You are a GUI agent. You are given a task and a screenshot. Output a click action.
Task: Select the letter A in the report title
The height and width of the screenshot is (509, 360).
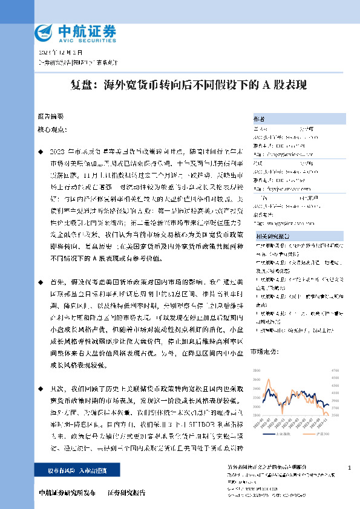click(x=265, y=86)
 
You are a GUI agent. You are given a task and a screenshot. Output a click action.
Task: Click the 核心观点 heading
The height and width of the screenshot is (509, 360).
click(x=50, y=130)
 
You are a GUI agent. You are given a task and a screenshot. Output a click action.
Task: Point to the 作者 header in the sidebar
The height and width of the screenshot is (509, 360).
click(x=258, y=119)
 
